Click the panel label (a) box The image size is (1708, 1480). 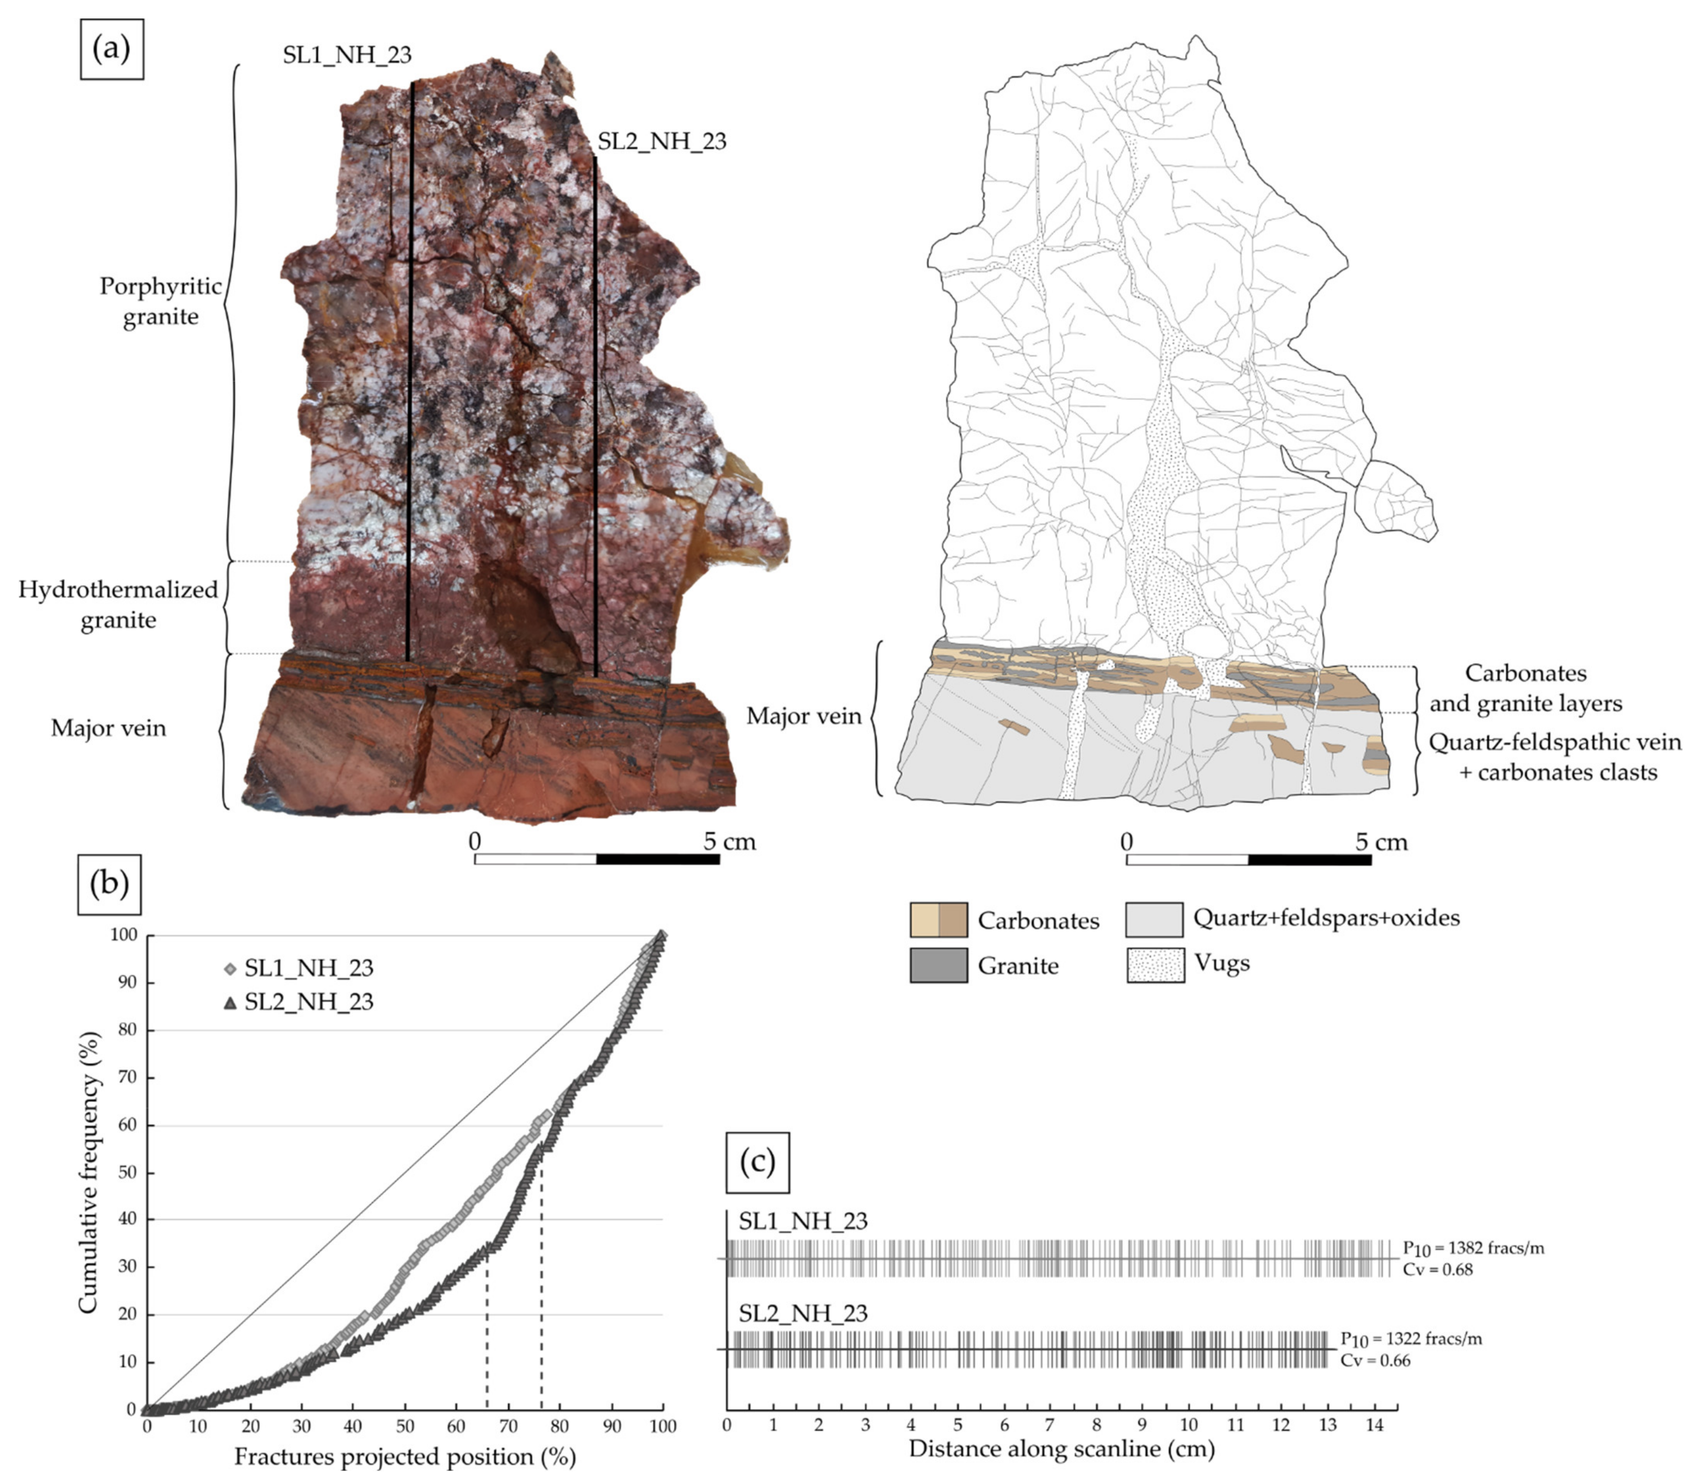tap(112, 50)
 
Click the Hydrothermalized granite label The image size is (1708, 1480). tap(118, 604)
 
